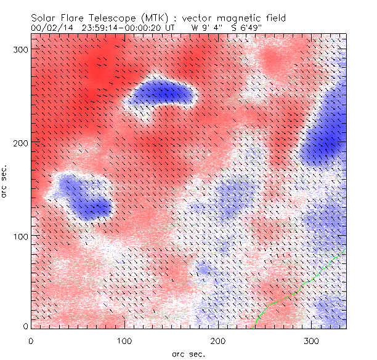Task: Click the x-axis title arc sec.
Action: [x=188, y=354]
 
